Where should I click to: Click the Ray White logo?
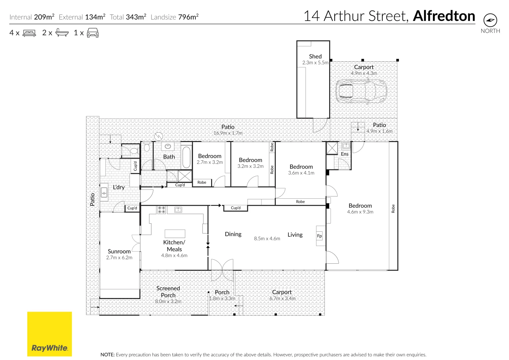[49, 334]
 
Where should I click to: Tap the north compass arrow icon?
[490, 20]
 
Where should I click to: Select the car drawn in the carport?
[361, 91]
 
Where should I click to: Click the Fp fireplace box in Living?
[320, 236]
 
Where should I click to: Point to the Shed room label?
[315, 56]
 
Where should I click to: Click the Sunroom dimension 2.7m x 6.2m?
[119, 258]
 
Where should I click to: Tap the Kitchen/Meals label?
[174, 246]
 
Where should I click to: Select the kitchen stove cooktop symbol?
[161, 210]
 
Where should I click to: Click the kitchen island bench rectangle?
[175, 233]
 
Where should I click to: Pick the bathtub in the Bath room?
[186, 157]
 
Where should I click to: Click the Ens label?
[345, 154]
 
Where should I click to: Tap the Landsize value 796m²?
[188, 17]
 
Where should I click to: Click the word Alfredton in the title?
[444, 16]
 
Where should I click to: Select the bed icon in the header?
[29, 33]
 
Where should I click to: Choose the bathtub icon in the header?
[62, 33]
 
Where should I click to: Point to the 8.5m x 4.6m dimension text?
[267, 239]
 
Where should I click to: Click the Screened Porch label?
[168, 292]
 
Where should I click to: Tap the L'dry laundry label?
[119, 187]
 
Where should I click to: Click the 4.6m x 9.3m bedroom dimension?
[360, 212]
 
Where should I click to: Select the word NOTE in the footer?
[107, 355]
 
